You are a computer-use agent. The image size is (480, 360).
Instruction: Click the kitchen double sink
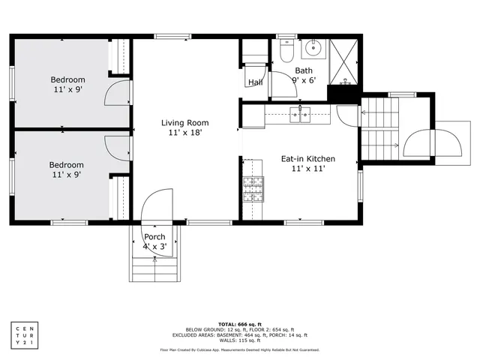tap(300, 115)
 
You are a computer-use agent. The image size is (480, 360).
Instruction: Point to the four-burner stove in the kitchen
tap(253, 189)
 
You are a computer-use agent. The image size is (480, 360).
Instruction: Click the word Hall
tap(255, 82)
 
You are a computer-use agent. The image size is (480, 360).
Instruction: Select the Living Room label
tap(184, 123)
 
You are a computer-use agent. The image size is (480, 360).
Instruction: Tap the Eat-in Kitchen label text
tap(307, 159)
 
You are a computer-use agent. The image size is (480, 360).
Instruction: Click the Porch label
tap(154, 238)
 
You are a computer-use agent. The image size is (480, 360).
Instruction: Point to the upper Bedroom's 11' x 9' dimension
tap(67, 89)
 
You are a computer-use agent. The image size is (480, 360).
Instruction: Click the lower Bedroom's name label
tap(67, 165)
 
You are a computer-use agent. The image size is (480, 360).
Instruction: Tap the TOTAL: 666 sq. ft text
tap(239, 323)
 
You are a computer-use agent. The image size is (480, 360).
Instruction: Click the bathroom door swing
tap(282, 84)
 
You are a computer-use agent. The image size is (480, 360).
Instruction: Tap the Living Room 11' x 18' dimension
tap(184, 133)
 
